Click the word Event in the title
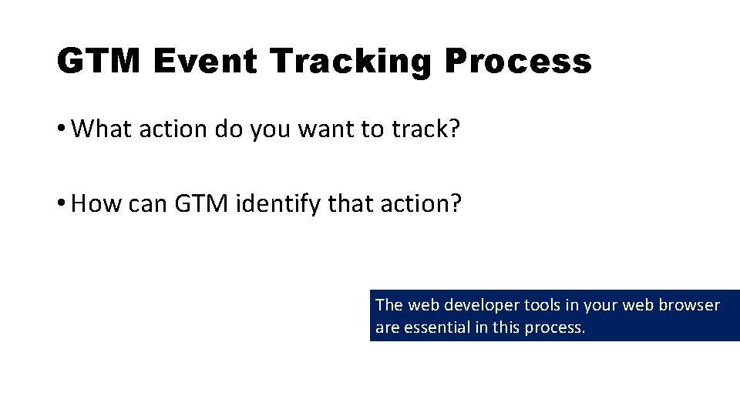(x=203, y=61)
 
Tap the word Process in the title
(x=517, y=61)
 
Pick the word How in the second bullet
(x=97, y=204)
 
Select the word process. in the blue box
(x=555, y=327)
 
